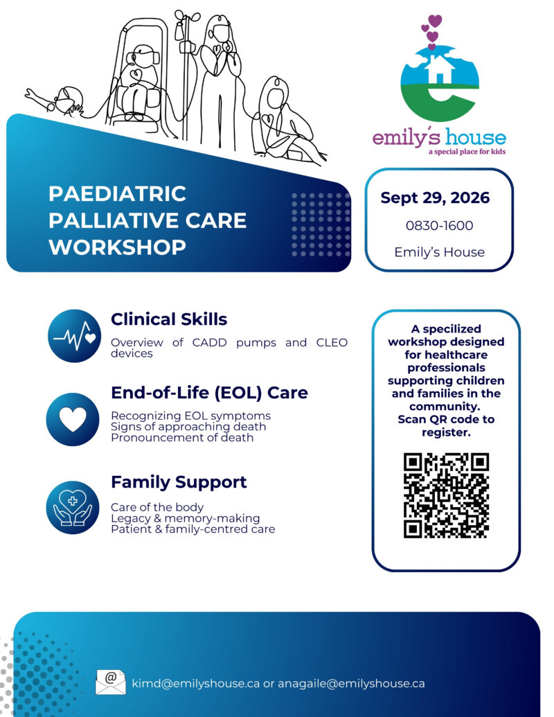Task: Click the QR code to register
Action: click(x=446, y=495)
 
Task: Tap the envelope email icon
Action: click(x=111, y=682)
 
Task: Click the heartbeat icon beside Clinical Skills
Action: click(x=75, y=336)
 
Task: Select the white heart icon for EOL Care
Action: click(x=73, y=419)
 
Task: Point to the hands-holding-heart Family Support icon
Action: click(x=73, y=508)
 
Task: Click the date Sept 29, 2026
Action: click(x=435, y=197)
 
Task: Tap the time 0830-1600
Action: click(x=439, y=225)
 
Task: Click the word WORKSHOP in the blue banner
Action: click(x=118, y=247)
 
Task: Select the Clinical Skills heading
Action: click(x=169, y=319)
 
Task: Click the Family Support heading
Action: click(x=179, y=482)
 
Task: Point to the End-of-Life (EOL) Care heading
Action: click(x=209, y=392)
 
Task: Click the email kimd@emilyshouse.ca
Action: click(x=196, y=683)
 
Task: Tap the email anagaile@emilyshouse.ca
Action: click(x=352, y=683)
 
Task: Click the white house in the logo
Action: click(x=439, y=69)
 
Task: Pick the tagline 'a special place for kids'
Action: click(x=467, y=151)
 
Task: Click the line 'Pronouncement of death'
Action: click(x=182, y=438)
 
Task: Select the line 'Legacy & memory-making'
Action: click(x=185, y=518)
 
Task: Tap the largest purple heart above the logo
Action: click(x=435, y=21)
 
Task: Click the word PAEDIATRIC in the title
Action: click(x=118, y=193)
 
